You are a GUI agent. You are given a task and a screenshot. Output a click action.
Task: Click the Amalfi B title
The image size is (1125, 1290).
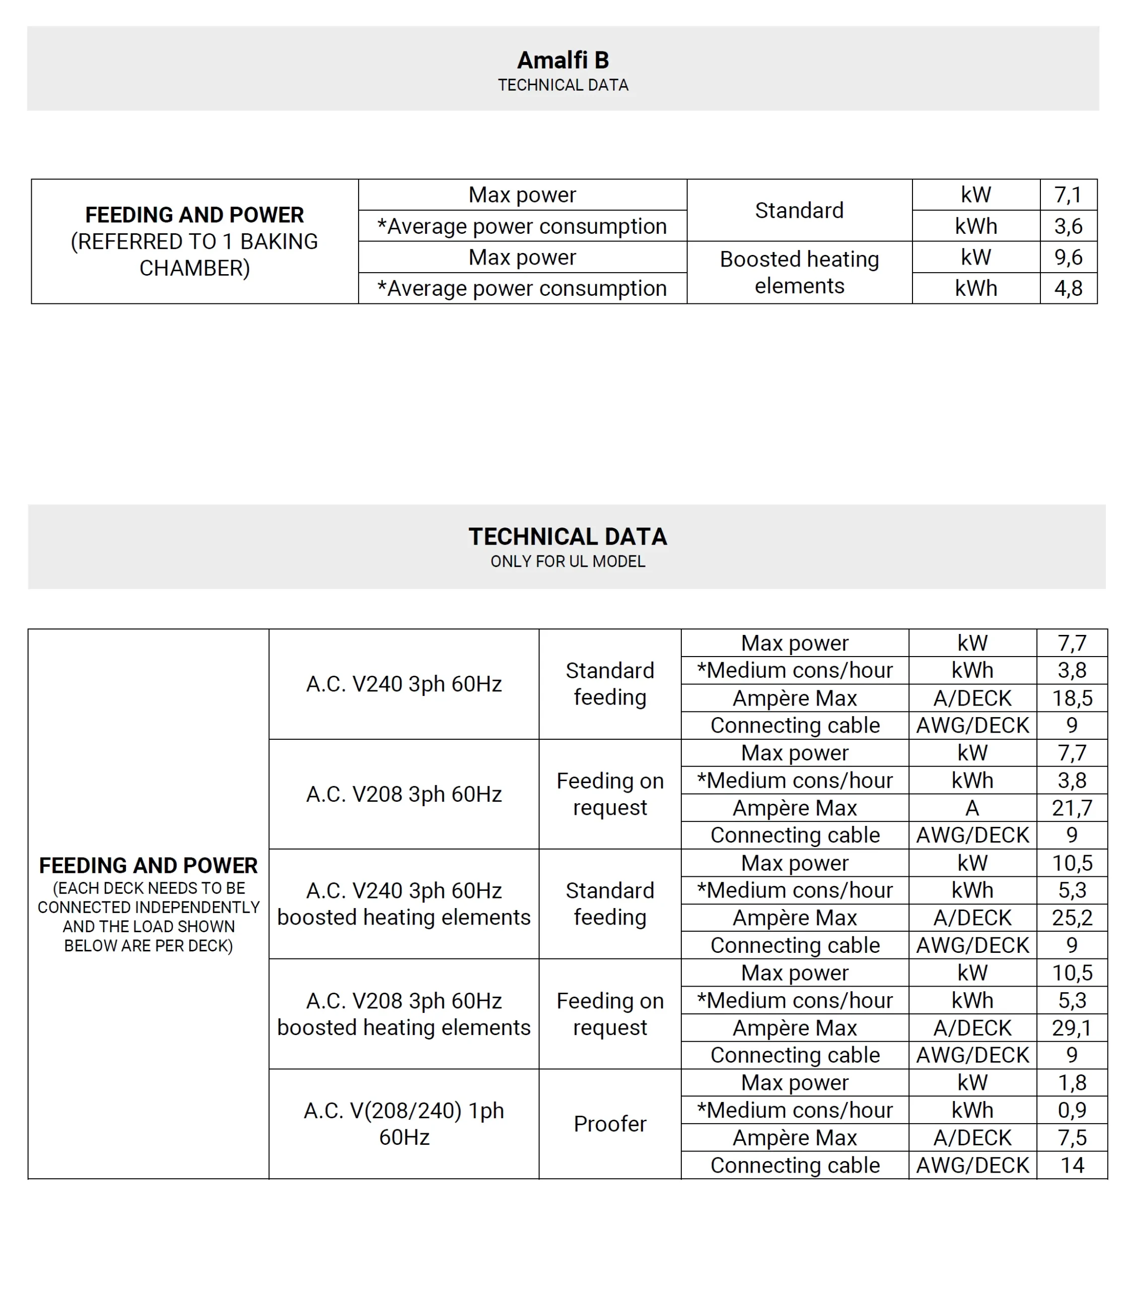562,60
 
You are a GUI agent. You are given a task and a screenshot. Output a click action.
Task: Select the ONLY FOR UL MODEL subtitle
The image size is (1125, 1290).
568,561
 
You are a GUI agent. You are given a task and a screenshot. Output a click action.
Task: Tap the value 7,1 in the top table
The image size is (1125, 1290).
1068,195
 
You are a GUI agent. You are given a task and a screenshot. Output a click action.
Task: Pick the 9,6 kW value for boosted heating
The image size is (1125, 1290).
1068,257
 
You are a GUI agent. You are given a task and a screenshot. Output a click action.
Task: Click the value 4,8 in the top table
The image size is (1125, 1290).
1068,288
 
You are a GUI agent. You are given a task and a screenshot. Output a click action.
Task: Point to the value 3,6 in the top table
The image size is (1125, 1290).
1068,226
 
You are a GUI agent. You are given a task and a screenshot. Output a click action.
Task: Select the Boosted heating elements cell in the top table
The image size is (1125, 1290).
799,273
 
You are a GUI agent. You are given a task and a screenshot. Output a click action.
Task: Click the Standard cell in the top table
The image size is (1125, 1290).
799,211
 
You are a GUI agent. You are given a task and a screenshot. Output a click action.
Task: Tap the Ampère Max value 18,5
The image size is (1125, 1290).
1072,698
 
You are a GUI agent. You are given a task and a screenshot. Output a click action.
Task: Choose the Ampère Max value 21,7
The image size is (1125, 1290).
1072,808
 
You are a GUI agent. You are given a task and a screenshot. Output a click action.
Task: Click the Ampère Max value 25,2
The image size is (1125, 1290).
1072,918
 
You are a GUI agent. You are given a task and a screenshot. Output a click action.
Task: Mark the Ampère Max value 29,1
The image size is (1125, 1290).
1072,1027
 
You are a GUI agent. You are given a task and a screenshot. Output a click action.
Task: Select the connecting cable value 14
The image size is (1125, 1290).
1072,1165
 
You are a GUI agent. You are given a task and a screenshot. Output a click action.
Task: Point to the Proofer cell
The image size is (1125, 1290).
609,1124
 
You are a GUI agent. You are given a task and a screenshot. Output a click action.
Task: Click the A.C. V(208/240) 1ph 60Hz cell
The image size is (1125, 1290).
404,1124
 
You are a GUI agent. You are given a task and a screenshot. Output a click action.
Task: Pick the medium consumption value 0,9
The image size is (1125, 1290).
1072,1110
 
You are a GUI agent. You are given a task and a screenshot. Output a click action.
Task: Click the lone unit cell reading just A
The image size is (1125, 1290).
972,808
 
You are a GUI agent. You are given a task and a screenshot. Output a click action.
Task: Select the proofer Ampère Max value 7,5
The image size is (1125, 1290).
1072,1137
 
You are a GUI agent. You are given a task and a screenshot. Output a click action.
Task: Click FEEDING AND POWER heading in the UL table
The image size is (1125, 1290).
148,865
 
